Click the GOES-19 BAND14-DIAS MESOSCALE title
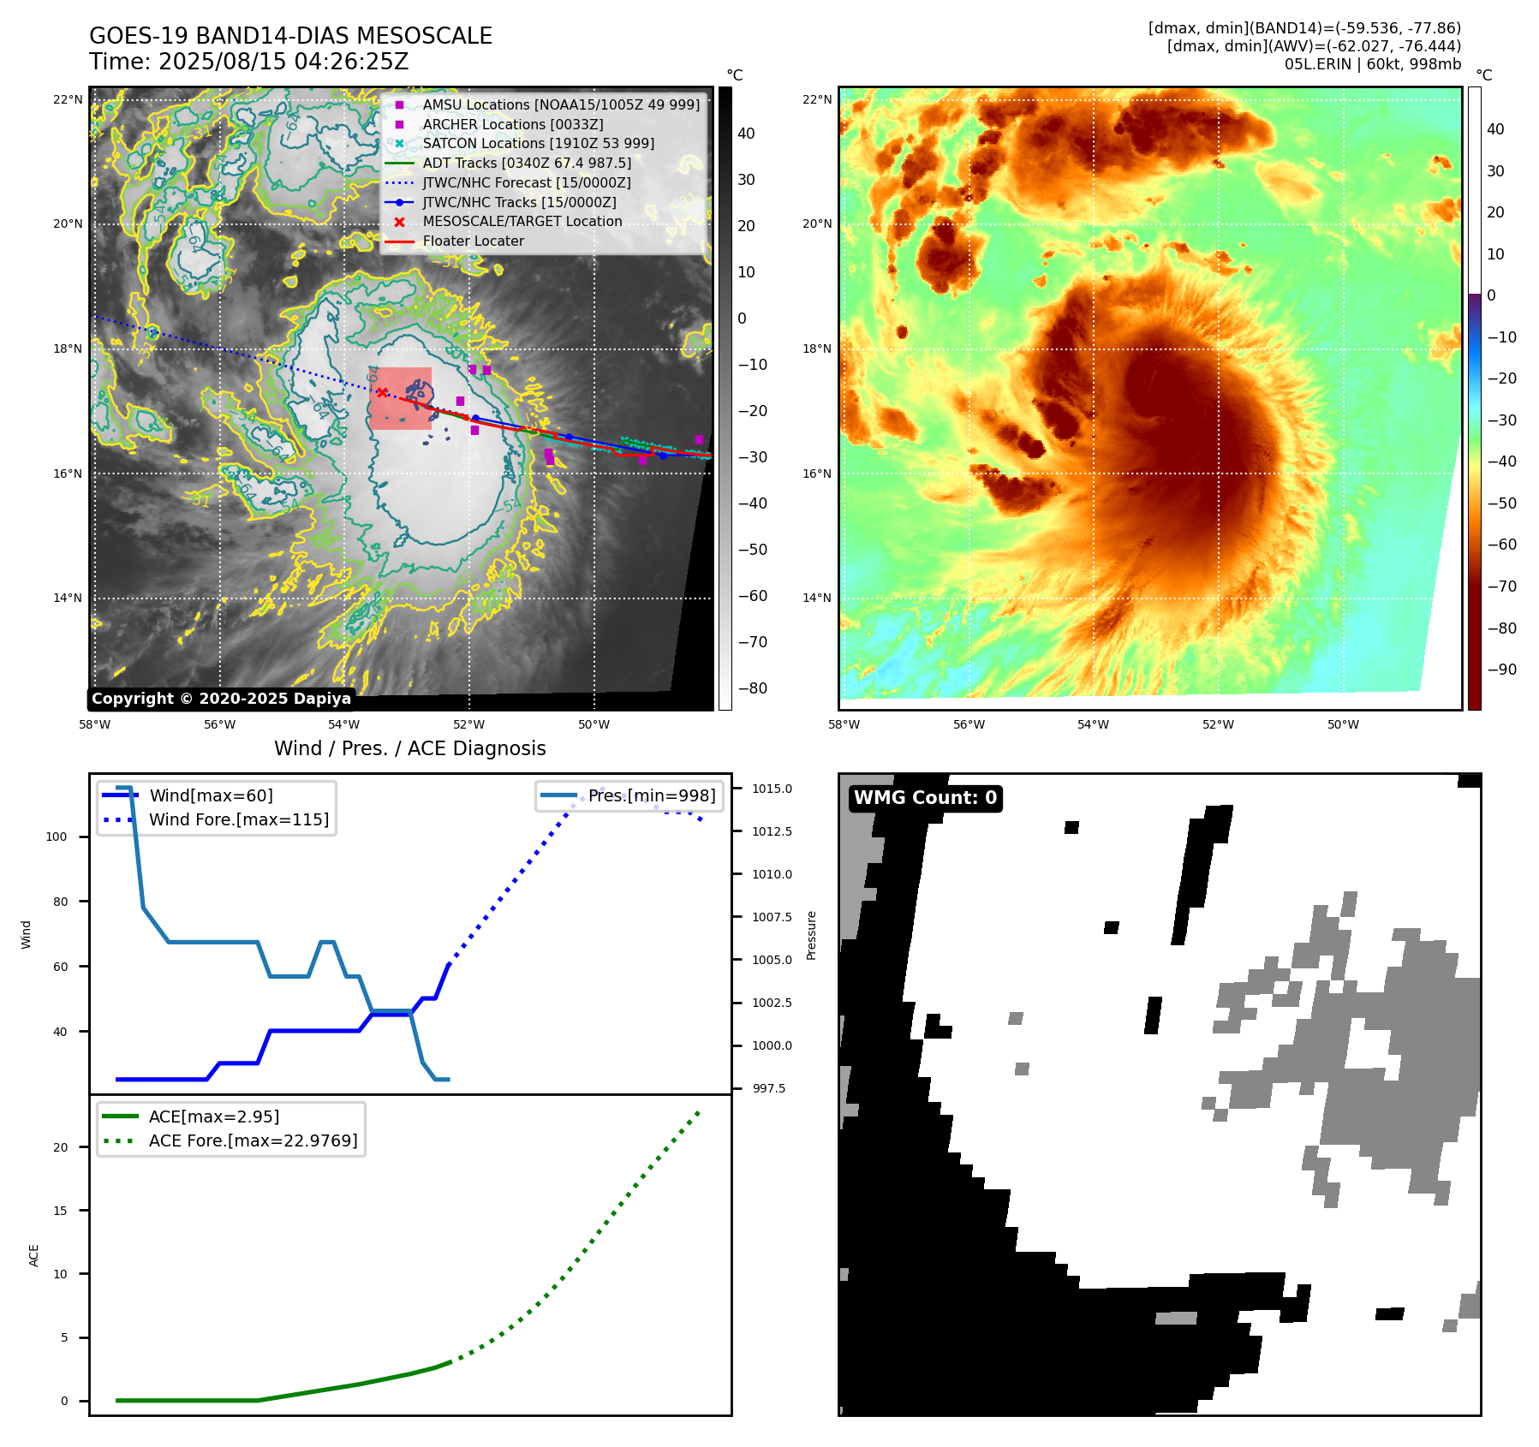[x=290, y=36]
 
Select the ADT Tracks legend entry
[x=526, y=163]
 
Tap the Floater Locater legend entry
[x=473, y=241]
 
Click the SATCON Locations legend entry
[x=538, y=143]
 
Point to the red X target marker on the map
[x=382, y=393]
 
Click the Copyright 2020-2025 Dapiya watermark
[x=221, y=699]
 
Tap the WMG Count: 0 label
[x=925, y=798]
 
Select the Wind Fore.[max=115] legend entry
[x=238, y=819]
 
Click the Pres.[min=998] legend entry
[x=651, y=795]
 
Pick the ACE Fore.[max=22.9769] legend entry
[x=253, y=1140]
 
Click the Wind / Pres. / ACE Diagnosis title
[x=409, y=748]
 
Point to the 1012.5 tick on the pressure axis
[x=772, y=831]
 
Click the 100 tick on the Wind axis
[x=57, y=837]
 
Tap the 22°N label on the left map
[x=68, y=99]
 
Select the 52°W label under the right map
[x=1218, y=724]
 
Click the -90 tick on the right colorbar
[x=1501, y=670]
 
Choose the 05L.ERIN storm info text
[x=1372, y=64]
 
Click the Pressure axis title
[x=811, y=935]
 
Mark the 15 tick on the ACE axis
[x=61, y=1211]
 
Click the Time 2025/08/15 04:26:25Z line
[x=248, y=62]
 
